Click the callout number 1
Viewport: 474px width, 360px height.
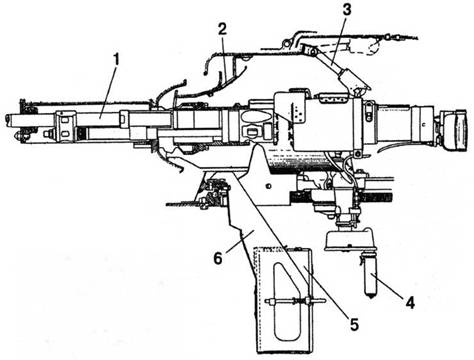tap(116, 61)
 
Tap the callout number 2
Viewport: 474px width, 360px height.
tap(222, 30)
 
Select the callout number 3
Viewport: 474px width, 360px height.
tap(347, 9)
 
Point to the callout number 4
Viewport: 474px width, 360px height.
tap(410, 303)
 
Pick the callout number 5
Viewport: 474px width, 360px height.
tap(354, 324)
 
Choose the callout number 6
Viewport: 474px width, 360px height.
tap(218, 258)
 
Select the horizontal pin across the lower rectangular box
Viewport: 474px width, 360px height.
tap(295, 301)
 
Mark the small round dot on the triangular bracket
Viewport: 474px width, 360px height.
tap(267, 185)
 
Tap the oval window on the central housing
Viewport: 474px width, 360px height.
tap(255, 117)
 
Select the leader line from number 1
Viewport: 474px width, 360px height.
tap(108, 93)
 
